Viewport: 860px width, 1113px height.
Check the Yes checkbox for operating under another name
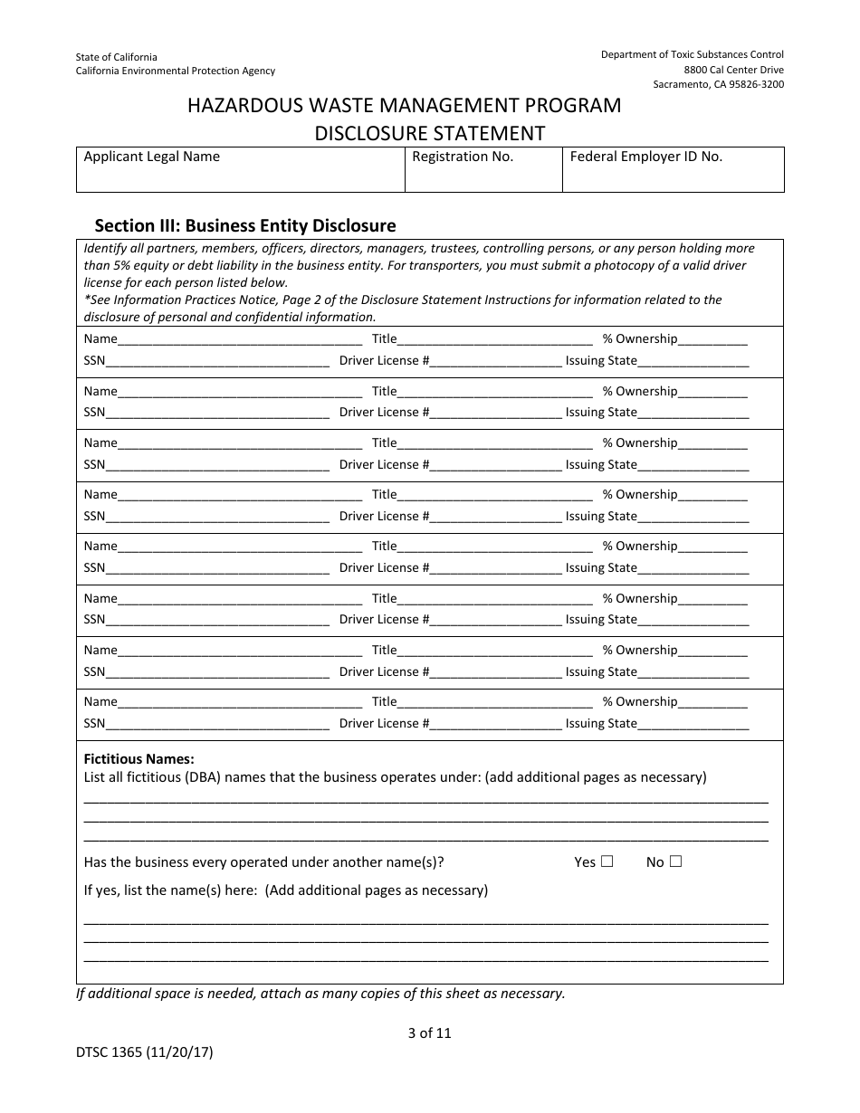click(x=607, y=861)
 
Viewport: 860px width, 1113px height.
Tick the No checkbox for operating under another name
click(x=675, y=861)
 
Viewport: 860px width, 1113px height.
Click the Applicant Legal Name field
click(x=240, y=175)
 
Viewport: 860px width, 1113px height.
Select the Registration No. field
click(x=483, y=175)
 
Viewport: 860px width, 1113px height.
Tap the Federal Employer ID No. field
click(x=673, y=175)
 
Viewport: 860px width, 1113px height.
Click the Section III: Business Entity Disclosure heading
click(x=245, y=225)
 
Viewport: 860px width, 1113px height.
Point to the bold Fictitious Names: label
click(x=139, y=759)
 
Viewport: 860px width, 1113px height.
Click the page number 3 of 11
click(x=429, y=1032)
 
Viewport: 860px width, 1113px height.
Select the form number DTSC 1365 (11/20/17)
click(x=145, y=1052)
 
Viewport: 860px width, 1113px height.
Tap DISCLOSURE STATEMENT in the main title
click(x=429, y=134)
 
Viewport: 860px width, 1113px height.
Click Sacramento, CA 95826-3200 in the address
click(x=718, y=84)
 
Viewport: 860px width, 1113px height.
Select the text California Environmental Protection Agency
click(x=175, y=71)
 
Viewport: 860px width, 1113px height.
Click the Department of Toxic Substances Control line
click(x=692, y=54)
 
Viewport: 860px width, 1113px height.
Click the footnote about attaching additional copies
click(x=320, y=993)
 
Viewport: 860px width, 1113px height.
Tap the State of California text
click(x=116, y=57)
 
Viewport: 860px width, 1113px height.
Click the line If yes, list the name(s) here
click(x=285, y=890)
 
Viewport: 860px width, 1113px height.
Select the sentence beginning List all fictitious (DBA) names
click(x=395, y=777)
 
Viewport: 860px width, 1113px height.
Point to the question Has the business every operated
click(x=263, y=862)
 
